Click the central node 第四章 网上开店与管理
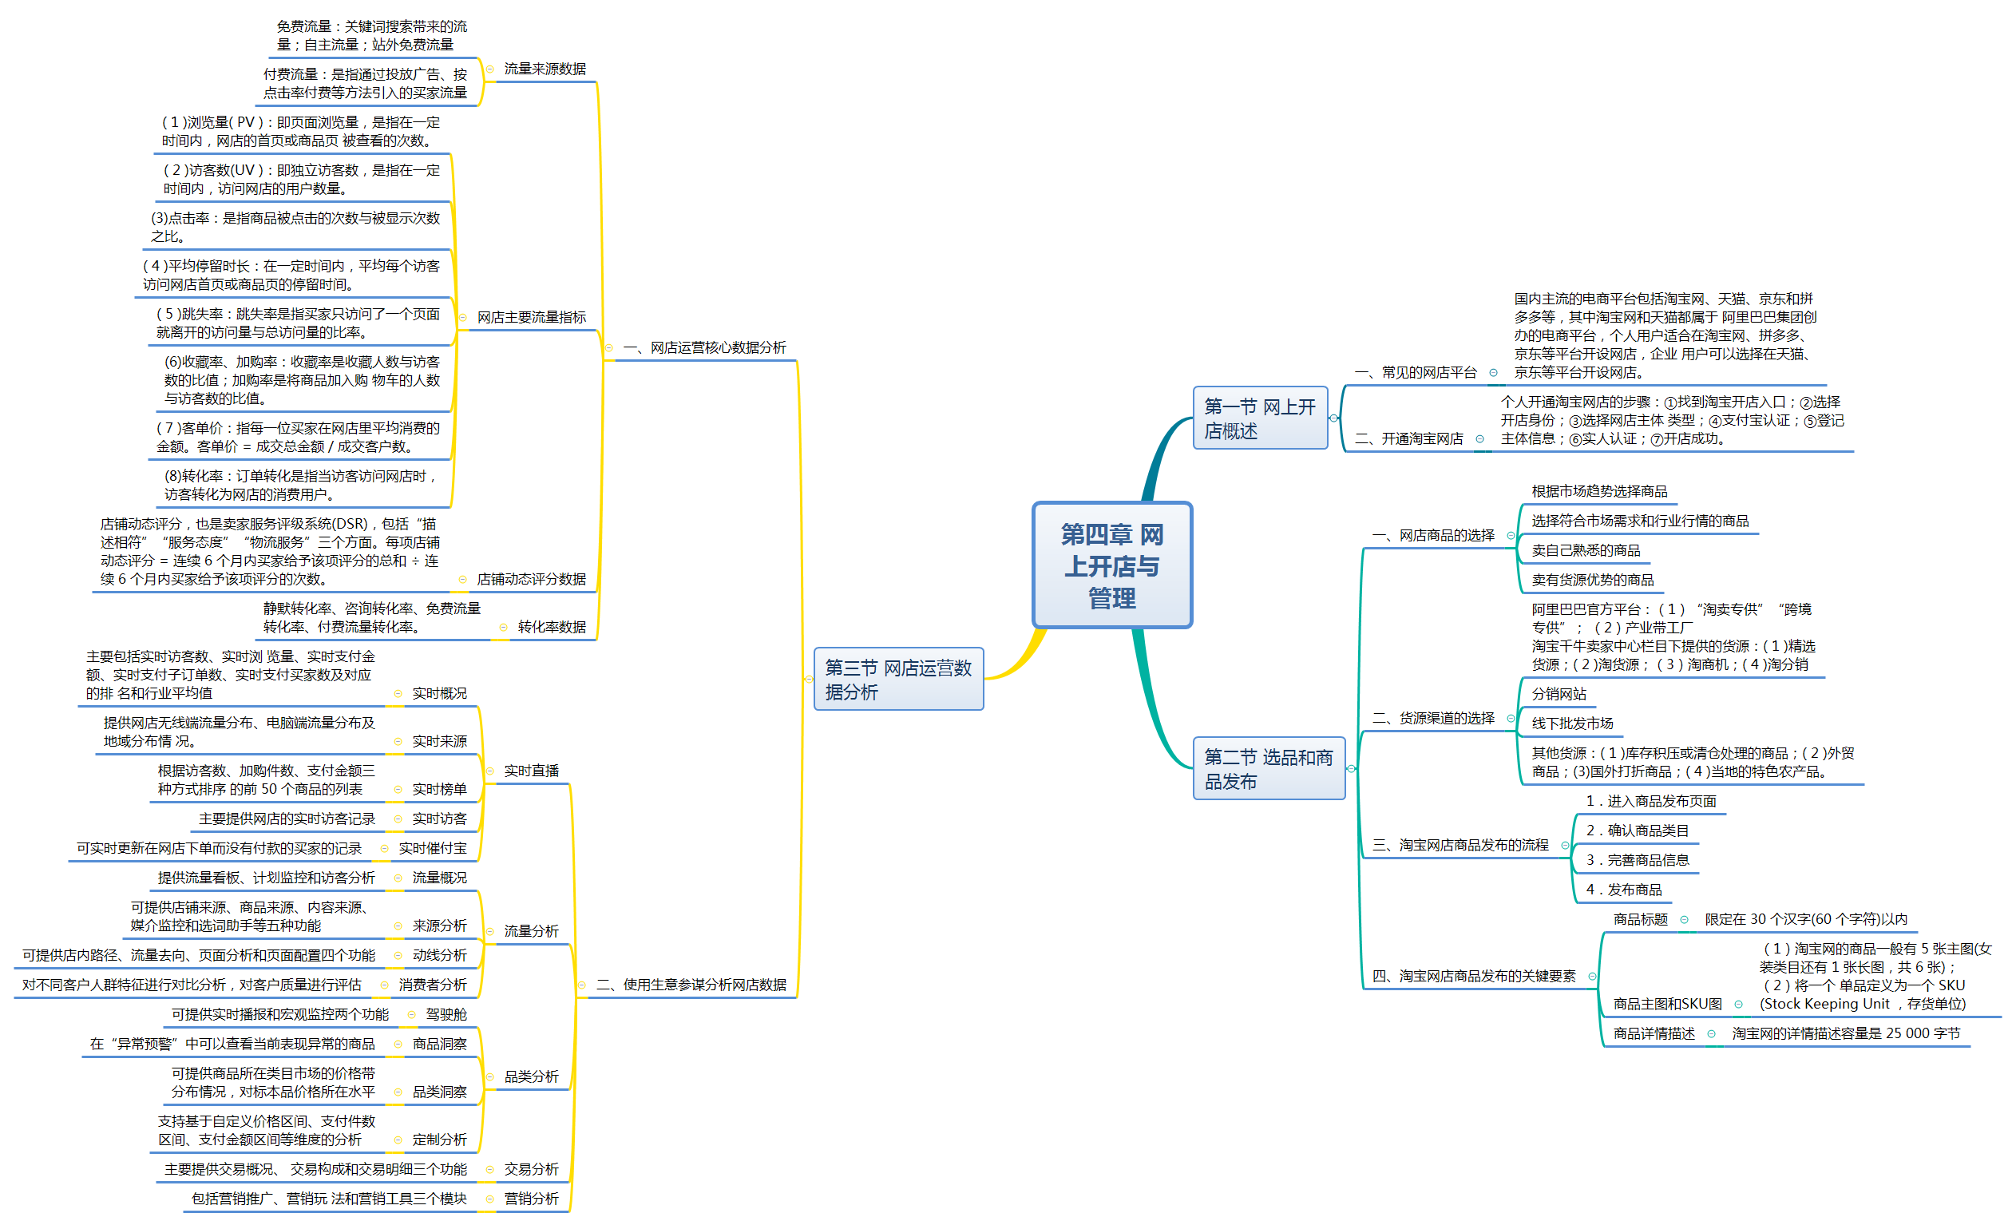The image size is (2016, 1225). (x=1111, y=565)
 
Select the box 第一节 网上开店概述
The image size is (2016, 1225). (x=1259, y=418)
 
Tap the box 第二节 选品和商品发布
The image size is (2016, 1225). (x=1267, y=768)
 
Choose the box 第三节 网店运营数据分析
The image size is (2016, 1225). (x=897, y=680)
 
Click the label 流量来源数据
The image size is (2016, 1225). (x=544, y=69)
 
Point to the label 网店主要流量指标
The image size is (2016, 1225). (x=531, y=317)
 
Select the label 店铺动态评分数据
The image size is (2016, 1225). (x=531, y=578)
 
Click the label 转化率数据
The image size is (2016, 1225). (x=552, y=627)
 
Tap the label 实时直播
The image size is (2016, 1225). (x=531, y=770)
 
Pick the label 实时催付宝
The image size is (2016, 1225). (x=432, y=848)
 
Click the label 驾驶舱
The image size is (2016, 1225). (x=446, y=1014)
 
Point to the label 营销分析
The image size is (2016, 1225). (x=531, y=1198)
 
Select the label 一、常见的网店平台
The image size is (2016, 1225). (x=1416, y=372)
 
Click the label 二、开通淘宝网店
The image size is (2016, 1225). (x=1409, y=438)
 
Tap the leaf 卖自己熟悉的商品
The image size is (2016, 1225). (x=1585, y=550)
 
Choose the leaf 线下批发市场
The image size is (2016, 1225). (x=1572, y=724)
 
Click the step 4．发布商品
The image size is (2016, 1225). (x=1623, y=890)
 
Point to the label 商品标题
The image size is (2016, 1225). (x=1640, y=919)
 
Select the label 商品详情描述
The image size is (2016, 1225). (x=1654, y=1033)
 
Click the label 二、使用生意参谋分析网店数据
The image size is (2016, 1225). (x=691, y=985)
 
